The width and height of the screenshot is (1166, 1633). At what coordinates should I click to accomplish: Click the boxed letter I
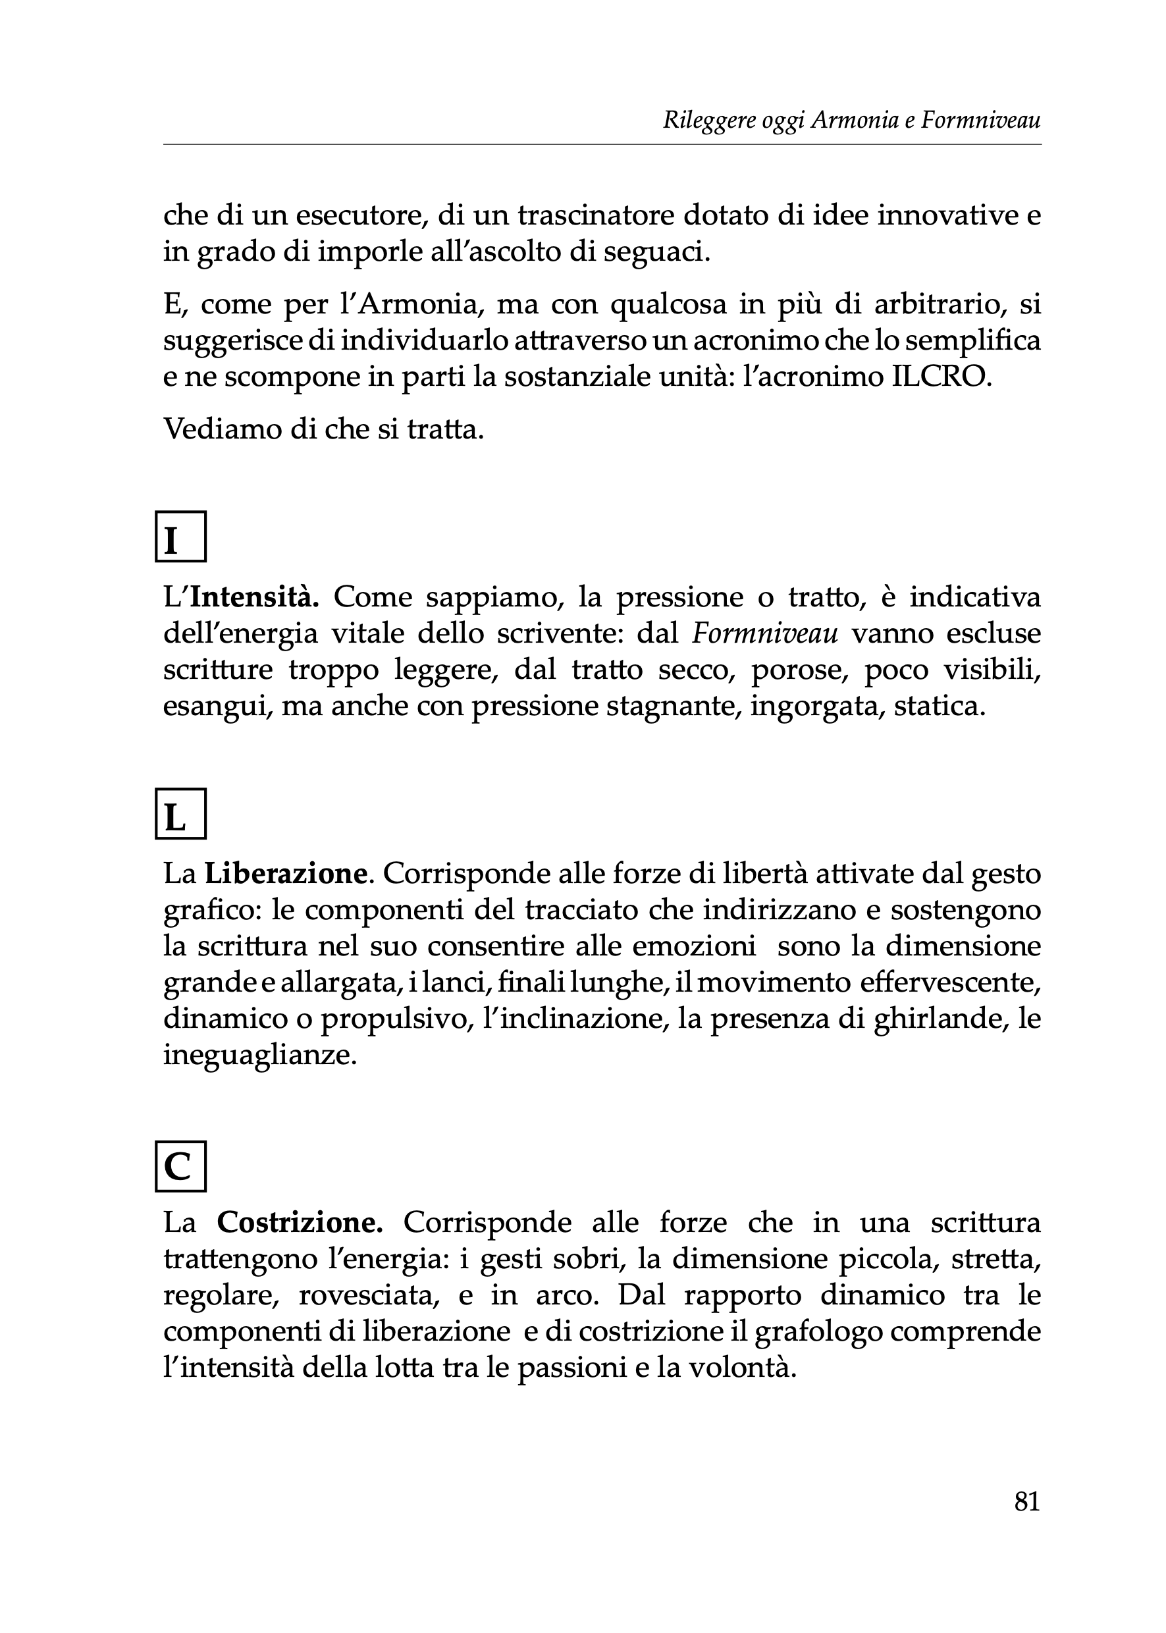pos(180,537)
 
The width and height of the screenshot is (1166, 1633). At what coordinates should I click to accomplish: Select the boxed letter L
pos(180,814)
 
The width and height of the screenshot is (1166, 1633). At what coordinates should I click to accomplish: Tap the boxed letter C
pos(180,1166)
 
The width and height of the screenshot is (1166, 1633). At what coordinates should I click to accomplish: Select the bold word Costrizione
pos(300,1221)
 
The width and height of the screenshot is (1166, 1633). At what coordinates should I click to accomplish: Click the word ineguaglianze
pos(259,1056)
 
